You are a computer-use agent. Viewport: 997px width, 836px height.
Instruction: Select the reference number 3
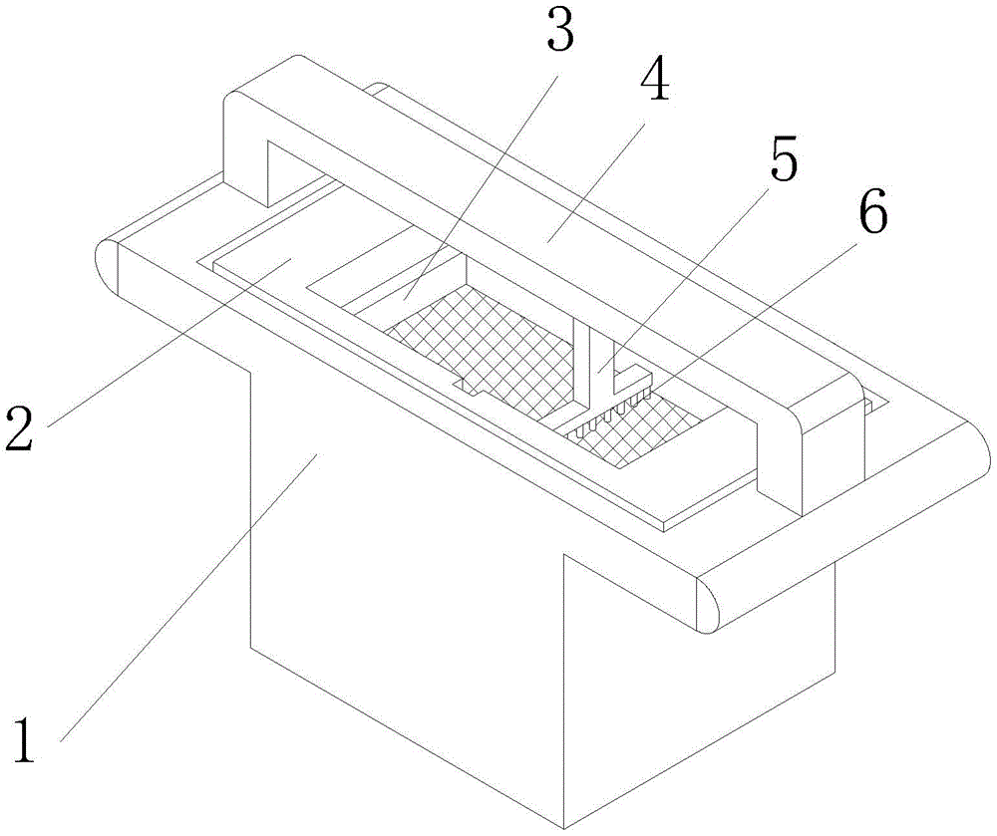560,32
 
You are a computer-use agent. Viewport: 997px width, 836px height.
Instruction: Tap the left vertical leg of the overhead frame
244,149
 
